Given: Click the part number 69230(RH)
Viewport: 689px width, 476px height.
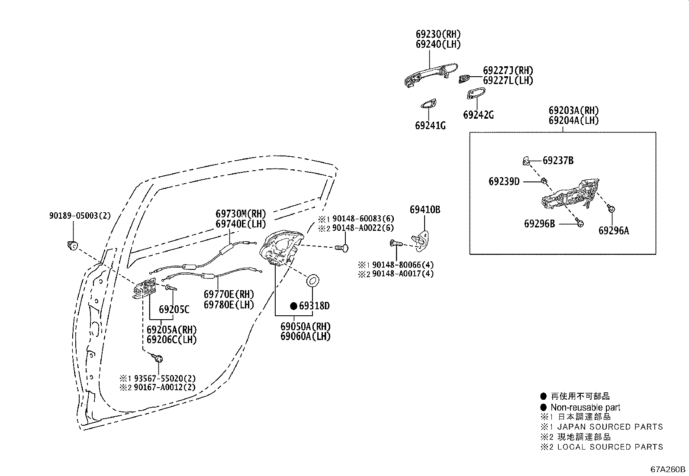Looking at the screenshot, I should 438,34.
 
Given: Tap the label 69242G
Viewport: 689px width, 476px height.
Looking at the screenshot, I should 478,115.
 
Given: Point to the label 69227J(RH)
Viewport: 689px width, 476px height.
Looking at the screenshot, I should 508,71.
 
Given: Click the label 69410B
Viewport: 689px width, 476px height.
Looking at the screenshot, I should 425,210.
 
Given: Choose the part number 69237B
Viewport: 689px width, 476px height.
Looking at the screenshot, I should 558,161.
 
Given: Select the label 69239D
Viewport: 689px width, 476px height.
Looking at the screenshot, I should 504,181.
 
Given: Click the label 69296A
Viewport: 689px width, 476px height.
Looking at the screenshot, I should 613,231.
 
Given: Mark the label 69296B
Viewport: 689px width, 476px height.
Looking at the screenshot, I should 539,223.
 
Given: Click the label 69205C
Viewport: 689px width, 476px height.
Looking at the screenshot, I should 174,309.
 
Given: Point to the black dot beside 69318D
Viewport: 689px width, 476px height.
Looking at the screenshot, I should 293,306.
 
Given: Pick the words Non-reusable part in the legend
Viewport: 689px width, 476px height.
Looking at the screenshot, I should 585,407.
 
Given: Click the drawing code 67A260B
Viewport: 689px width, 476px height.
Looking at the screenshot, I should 668,469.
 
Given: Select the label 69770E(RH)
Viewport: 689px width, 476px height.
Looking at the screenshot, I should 229,295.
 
